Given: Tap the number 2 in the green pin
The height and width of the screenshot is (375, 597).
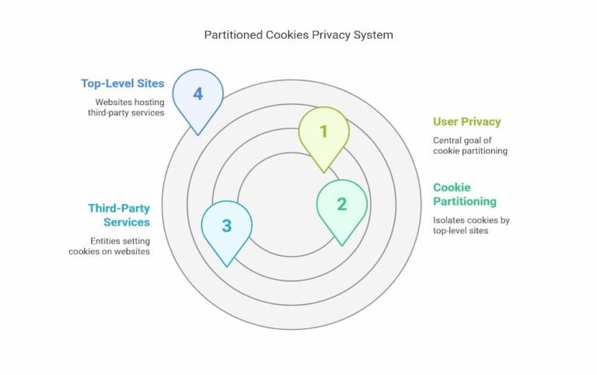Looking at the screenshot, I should tap(341, 204).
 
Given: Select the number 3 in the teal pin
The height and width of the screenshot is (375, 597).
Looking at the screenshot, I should tap(226, 226).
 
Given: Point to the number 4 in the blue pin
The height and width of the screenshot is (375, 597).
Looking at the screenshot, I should tap(197, 94).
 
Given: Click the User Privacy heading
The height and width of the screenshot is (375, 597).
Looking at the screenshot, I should tap(466, 121).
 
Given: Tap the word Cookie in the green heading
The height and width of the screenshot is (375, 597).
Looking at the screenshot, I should tap(452, 187).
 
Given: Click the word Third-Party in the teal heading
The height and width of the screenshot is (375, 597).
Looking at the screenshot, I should tap(119, 209).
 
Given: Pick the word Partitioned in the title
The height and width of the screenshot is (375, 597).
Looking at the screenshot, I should tap(232, 35).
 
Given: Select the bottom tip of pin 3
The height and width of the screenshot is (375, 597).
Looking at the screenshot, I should tap(226, 267).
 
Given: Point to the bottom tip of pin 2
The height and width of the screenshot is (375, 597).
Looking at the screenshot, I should tap(342, 245).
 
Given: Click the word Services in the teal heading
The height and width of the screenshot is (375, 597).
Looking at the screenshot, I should tap(127, 222).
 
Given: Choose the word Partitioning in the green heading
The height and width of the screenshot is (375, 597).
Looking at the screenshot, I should tap(465, 202).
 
